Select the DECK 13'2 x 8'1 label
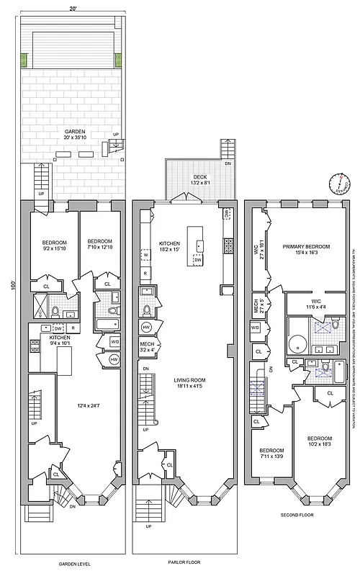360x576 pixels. click(x=200, y=179)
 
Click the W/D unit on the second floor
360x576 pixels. click(x=255, y=328)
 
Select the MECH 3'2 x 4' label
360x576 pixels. click(x=149, y=348)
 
